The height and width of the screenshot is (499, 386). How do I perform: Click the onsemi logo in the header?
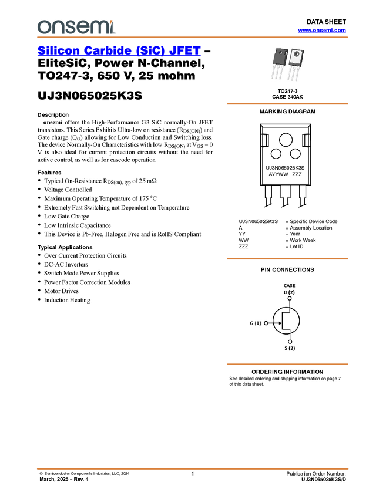click(76, 26)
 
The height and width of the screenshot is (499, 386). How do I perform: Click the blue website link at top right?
click(321, 31)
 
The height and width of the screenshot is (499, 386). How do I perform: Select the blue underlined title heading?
click(118, 51)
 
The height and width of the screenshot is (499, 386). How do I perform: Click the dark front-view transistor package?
click(280, 57)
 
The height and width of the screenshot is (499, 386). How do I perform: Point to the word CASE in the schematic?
click(289, 285)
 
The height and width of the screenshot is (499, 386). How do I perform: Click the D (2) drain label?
click(289, 292)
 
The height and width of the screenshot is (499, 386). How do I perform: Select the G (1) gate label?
click(255, 323)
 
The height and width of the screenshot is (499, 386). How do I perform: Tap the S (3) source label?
click(290, 348)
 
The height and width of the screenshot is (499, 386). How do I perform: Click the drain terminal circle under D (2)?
click(289, 298)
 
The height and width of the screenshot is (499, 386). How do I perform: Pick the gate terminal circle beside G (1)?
click(266, 323)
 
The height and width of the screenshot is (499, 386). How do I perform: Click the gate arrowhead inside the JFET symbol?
click(279, 323)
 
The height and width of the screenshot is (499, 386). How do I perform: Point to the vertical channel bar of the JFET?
click(283, 321)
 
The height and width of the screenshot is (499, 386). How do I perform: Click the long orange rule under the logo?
click(192, 38)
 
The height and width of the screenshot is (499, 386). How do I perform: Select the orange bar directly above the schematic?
click(287, 258)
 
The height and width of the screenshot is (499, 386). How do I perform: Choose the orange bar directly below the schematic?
click(287, 365)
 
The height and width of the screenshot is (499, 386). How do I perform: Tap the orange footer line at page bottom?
click(192, 469)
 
